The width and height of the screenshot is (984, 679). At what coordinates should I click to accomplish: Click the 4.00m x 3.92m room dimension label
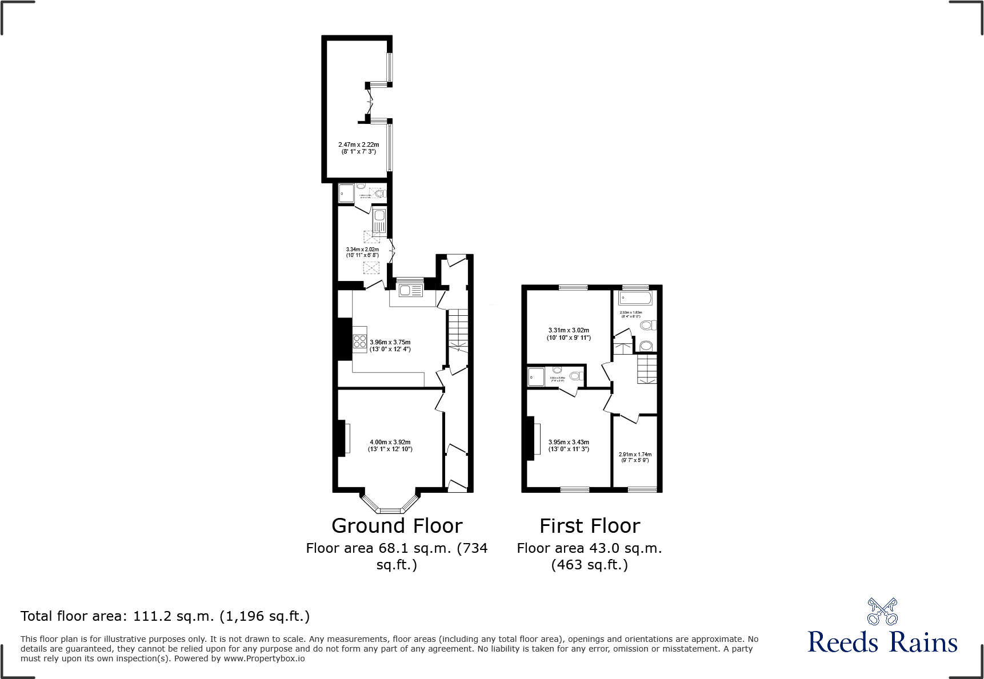pyautogui.click(x=390, y=445)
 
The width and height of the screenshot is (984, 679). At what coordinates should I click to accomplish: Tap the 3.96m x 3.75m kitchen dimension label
pyautogui.click(x=390, y=345)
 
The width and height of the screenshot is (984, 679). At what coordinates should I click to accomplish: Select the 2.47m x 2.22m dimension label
pyautogui.click(x=358, y=148)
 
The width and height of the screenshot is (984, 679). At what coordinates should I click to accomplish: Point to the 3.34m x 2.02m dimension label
pyautogui.click(x=362, y=252)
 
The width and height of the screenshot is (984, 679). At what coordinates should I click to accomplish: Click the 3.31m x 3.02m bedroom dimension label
pyautogui.click(x=569, y=334)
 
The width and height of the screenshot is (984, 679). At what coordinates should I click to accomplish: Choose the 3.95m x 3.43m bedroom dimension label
pyautogui.click(x=569, y=445)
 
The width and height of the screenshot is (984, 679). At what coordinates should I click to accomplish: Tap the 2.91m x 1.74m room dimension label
pyautogui.click(x=635, y=457)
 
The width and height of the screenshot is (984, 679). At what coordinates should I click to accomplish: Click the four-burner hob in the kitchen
pyautogui.click(x=359, y=341)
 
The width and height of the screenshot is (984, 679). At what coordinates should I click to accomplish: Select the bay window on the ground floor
pyautogui.click(x=390, y=505)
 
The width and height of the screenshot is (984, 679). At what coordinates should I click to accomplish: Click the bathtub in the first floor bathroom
pyautogui.click(x=635, y=298)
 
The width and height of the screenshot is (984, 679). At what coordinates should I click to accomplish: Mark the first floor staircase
pyautogui.click(x=647, y=368)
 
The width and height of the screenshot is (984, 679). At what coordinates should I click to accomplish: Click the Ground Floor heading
pyautogui.click(x=397, y=525)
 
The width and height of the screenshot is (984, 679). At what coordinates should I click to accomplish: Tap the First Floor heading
pyautogui.click(x=590, y=525)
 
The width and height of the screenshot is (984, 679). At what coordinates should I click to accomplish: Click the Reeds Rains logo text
pyautogui.click(x=882, y=642)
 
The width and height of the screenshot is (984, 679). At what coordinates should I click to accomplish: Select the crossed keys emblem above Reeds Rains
pyautogui.click(x=882, y=612)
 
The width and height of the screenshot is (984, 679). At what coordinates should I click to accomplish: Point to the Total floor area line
pyautogui.click(x=165, y=616)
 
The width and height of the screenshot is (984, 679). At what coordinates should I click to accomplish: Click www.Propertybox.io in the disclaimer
pyautogui.click(x=264, y=658)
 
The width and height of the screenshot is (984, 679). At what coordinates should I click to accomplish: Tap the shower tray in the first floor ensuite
pyautogui.click(x=536, y=377)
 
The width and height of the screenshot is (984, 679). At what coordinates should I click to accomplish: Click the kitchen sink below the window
pyautogui.click(x=410, y=291)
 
